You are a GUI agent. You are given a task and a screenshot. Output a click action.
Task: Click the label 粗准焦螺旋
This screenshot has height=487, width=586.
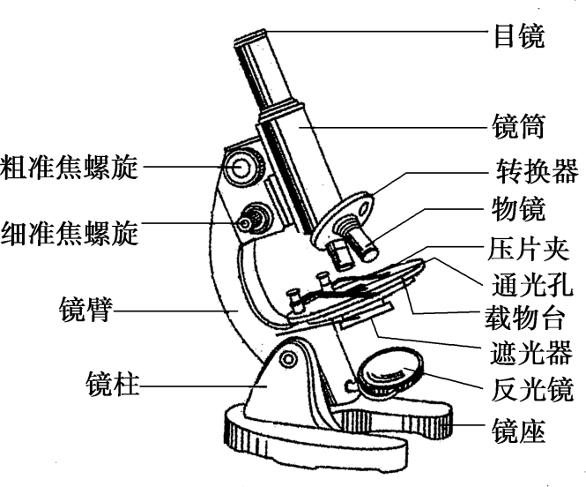click(70, 166)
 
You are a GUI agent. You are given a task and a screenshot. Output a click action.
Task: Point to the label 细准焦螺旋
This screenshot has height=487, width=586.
click(70, 231)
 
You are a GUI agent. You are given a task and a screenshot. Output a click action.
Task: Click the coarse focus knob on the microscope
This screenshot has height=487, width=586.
click(242, 165)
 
